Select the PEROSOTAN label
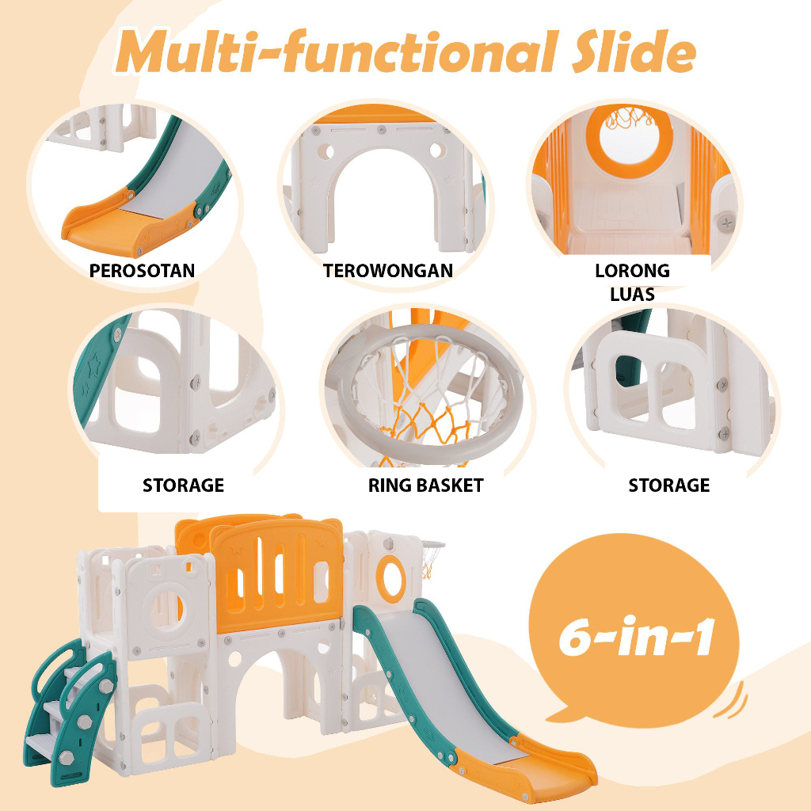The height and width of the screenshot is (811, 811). (x=142, y=270)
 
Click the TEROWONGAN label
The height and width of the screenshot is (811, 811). (x=388, y=270)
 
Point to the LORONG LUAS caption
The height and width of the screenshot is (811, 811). (x=632, y=282)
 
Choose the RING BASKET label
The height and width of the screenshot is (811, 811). (x=425, y=485)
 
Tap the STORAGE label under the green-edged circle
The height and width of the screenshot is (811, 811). (x=183, y=485)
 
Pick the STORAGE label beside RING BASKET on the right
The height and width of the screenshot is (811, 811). (x=669, y=485)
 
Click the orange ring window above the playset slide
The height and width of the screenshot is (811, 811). (x=389, y=573)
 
